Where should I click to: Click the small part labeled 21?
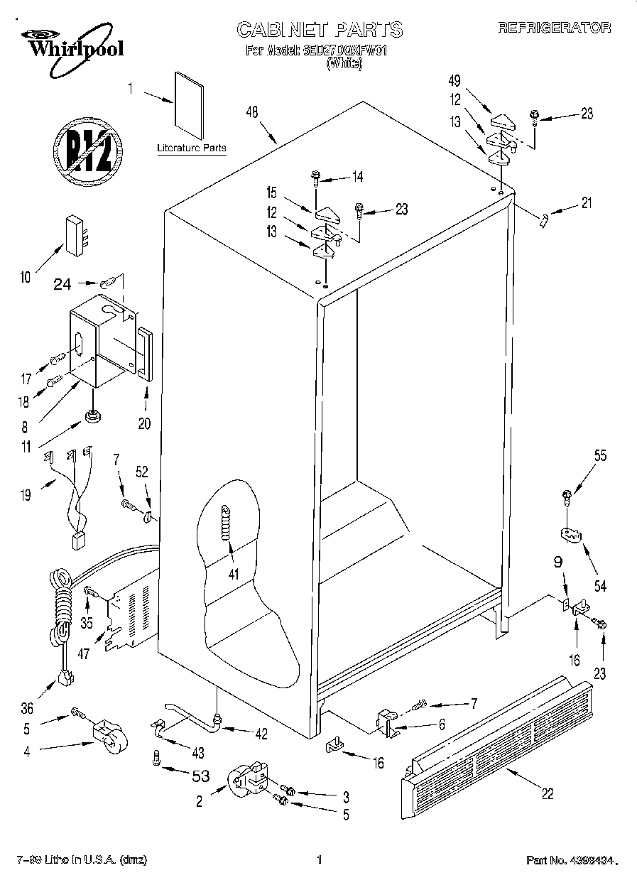click(x=543, y=220)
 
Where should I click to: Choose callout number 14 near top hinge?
click(x=356, y=176)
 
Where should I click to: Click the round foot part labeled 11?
click(x=92, y=415)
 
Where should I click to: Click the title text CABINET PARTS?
click(x=319, y=29)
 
